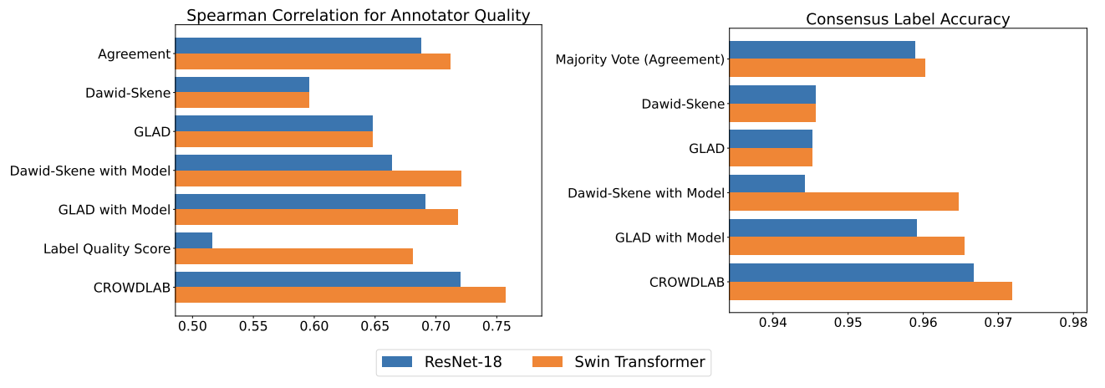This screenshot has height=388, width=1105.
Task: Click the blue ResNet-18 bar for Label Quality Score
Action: [x=194, y=241]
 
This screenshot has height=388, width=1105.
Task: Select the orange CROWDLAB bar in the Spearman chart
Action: [x=340, y=295]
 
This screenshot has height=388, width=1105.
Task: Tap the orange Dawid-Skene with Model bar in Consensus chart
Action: [x=843, y=202]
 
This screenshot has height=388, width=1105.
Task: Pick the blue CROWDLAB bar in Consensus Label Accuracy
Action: [x=851, y=273]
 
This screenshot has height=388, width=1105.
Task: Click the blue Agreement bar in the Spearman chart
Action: [x=298, y=45]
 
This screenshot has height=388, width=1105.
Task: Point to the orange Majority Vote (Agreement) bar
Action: [x=827, y=68]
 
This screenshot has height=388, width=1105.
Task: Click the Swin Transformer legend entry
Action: [x=619, y=362]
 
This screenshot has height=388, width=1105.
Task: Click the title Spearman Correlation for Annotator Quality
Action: [x=358, y=15]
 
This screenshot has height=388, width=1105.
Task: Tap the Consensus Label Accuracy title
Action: [x=907, y=19]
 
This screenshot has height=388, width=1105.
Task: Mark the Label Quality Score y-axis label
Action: [x=107, y=248]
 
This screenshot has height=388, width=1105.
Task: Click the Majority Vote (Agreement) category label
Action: [x=639, y=59]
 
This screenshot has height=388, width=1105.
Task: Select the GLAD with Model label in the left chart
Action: [x=115, y=210]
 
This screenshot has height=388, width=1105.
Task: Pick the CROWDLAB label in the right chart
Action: [x=686, y=282]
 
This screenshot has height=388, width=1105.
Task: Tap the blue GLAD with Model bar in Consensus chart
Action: [x=822, y=227]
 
